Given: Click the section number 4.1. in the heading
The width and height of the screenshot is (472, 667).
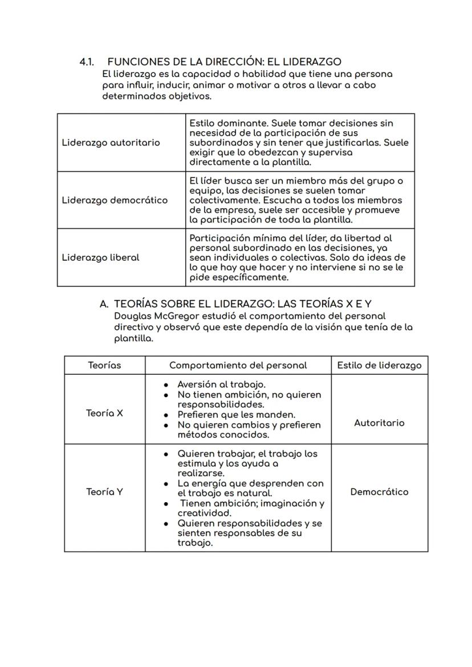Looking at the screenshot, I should pos(87,62).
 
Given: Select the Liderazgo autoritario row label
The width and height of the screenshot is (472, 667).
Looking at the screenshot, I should pos(111,143).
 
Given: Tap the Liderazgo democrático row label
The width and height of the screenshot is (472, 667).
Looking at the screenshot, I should pos(115,200).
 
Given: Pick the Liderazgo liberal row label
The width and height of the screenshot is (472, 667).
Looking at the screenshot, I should pos(100,257).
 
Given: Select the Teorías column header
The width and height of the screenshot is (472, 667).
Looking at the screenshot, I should pos(104,365).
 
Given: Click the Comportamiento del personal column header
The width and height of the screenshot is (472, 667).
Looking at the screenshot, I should pos(238,365).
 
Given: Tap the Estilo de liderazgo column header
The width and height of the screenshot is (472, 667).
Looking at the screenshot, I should pos(379,365).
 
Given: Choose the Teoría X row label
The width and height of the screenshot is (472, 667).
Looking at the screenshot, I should pos(104,413).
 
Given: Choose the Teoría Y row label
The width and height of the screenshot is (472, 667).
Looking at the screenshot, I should pos(104,492).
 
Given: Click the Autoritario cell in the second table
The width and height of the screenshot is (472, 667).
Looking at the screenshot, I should pos(379,423).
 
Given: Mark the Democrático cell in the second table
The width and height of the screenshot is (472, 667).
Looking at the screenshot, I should pos(379,492).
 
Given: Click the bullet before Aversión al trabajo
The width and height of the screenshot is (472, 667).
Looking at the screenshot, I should pos(166,385).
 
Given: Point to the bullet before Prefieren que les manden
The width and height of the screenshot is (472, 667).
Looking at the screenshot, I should pos(166,415).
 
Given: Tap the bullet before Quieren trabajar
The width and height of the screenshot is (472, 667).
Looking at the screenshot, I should pos(166,454).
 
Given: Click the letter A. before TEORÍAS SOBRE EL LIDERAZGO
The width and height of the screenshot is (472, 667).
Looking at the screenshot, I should pos(104,304).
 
